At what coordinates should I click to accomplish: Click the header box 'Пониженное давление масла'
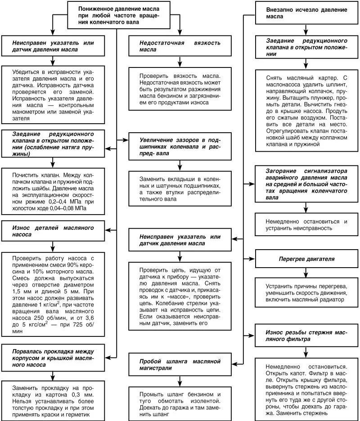pyautogui.click(x=118, y=15)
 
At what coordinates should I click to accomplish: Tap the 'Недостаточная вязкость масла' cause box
pyautogui.click(x=179, y=46)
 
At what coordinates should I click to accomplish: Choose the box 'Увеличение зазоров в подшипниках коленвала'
pyautogui.click(x=179, y=147)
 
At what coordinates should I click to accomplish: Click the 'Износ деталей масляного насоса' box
pyautogui.click(x=53, y=231)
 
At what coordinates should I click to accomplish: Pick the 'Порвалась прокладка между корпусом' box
pyautogui.click(x=53, y=358)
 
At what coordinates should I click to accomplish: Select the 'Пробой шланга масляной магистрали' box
pyautogui.click(x=179, y=365)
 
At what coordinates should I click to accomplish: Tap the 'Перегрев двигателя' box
pyautogui.click(x=306, y=260)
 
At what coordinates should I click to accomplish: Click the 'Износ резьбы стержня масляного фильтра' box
pyautogui.click(x=306, y=336)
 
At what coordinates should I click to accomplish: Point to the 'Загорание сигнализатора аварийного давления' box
pyautogui.click(x=306, y=184)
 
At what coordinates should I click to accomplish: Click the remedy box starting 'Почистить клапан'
pyautogui.click(x=53, y=192)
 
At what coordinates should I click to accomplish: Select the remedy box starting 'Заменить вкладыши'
pyautogui.click(x=179, y=185)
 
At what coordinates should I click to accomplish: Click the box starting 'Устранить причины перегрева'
pyautogui.click(x=306, y=292)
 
